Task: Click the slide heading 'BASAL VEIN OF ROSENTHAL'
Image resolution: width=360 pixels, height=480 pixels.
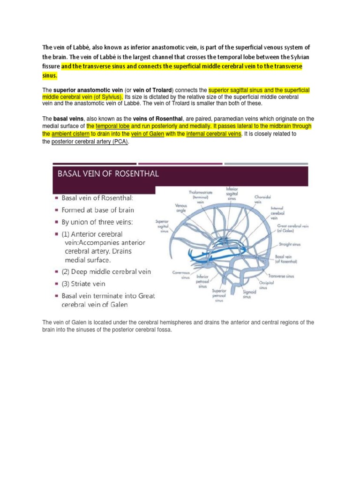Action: point(108,174)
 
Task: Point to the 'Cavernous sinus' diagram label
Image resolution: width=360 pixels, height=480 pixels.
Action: point(180,274)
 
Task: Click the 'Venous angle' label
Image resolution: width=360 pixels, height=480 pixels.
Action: point(180,207)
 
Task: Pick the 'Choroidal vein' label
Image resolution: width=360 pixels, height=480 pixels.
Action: point(261,199)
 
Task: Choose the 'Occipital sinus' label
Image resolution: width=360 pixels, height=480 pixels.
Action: point(267,285)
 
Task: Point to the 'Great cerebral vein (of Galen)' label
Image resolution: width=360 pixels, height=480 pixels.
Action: point(292,228)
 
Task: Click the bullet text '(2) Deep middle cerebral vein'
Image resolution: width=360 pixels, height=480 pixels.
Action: point(106,271)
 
